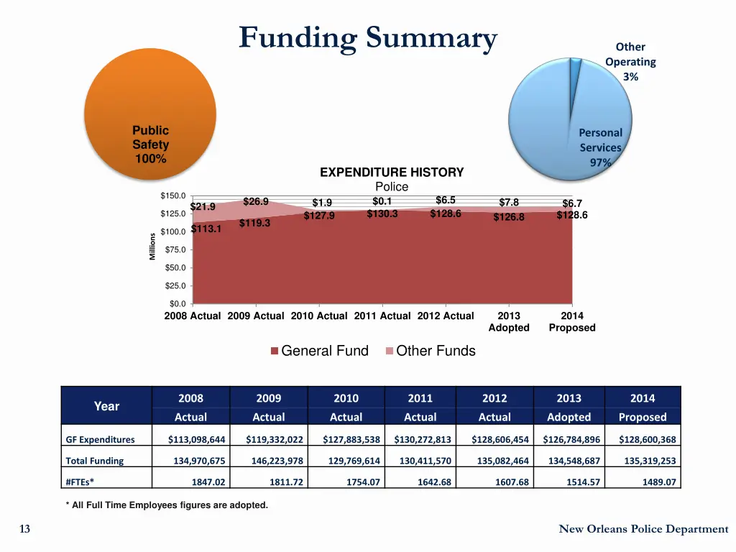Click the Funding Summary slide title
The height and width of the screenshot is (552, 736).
pos(368,37)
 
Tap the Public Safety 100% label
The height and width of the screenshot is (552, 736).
pos(150,144)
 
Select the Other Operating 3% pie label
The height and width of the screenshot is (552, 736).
pos(630,62)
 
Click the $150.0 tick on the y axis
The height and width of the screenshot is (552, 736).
pos(173,195)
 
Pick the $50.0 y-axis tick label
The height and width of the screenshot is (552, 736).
pos(175,267)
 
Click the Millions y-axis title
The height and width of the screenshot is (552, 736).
pos(152,247)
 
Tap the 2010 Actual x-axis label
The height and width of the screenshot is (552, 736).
pos(319,316)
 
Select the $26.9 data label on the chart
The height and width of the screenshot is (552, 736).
pos(256,201)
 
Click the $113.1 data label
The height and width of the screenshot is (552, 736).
pos(206,229)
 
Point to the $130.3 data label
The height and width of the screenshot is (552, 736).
pos(382,213)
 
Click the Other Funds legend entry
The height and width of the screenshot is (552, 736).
pos(431,351)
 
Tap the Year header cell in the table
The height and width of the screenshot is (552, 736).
pos(106,406)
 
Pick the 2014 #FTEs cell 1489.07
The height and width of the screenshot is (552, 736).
pos(658,482)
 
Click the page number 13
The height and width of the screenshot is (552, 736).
pos(25,529)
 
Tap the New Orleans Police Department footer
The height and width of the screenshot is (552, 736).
pos(643,529)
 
